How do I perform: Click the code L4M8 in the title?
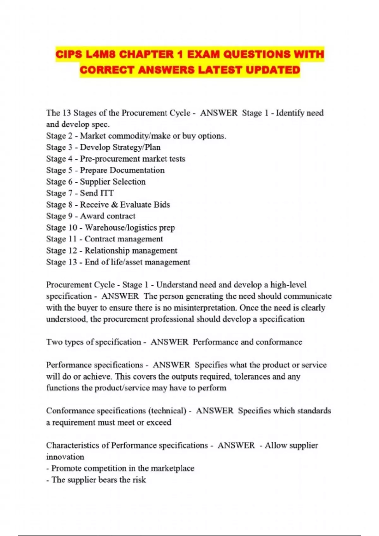click(100, 54)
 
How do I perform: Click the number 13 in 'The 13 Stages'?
click(66, 113)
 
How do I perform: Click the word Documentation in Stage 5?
click(140, 170)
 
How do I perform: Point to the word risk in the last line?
click(139, 480)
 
